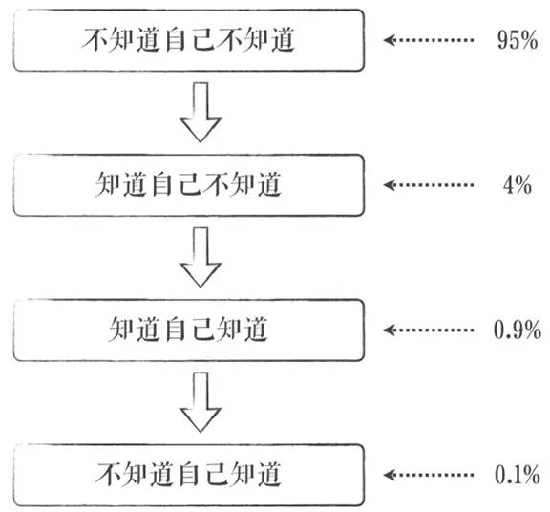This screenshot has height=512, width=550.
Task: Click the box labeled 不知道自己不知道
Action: coord(189,40)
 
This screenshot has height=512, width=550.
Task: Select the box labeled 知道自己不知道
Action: coord(189,185)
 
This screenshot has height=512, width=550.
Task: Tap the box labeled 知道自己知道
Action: coord(189,330)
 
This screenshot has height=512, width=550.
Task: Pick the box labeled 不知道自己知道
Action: coord(189,475)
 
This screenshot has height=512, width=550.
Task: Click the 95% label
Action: coord(518,40)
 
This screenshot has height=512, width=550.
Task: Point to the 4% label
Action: coord(518,185)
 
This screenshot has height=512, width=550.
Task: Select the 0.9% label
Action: coord(518,330)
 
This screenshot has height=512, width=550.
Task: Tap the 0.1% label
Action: coord(518,475)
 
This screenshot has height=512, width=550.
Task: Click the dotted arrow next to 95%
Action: coord(429,40)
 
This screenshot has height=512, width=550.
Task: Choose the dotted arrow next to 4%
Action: coord(429,185)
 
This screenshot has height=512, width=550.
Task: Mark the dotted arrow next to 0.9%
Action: coord(429,330)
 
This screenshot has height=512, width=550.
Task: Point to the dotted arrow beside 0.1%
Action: coord(429,475)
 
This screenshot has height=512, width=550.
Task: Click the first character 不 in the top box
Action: coord(94,40)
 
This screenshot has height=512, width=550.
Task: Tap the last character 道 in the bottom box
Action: coord(269,474)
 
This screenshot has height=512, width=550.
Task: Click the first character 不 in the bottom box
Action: coord(108,474)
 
